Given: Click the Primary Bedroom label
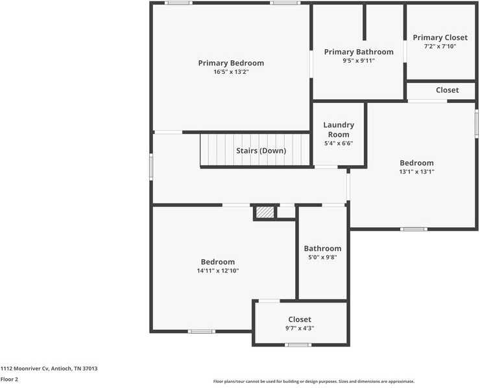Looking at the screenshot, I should [231, 63].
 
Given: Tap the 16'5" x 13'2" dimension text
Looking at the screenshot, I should [231, 72].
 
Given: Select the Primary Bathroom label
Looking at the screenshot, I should [359, 52].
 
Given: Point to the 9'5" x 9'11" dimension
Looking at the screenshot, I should [359, 60].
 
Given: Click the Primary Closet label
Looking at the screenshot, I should [440, 38].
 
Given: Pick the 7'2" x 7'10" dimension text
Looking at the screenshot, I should [440, 46].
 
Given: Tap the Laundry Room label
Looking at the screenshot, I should [339, 130].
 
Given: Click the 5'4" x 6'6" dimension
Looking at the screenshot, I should [339, 143].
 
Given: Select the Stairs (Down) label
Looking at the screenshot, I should [261, 150].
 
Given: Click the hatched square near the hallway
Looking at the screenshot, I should [264, 212].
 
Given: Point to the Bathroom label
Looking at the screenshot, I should [322, 248].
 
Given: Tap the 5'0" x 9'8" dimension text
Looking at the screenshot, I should [322, 257].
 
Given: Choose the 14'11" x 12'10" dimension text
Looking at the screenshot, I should [218, 271].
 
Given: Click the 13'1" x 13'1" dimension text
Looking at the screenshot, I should [416, 172].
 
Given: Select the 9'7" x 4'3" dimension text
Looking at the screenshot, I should [300, 328].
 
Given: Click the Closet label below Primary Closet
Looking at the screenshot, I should [447, 90].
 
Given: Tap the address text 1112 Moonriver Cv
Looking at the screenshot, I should [49, 368].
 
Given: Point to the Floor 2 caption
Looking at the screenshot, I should [9, 379].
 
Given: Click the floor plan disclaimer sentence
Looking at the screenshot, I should [313, 382].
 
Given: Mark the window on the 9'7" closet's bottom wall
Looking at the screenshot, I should [298, 345].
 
